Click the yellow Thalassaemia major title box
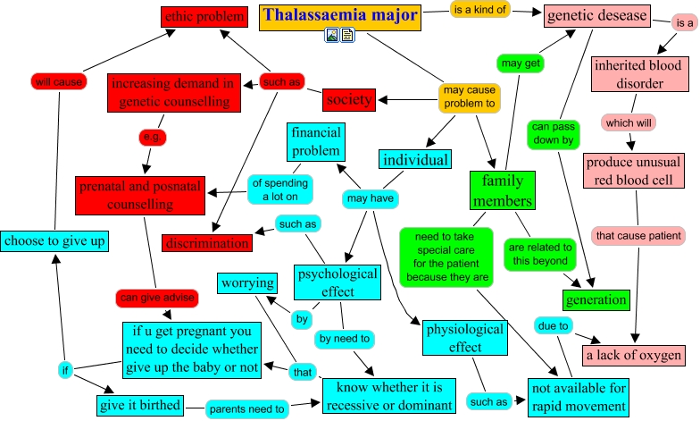(339, 15)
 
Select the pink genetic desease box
(597, 15)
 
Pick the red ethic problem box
(204, 16)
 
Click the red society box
(348, 99)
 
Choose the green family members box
(502, 190)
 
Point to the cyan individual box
(414, 159)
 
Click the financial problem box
(315, 141)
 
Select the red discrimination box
(207, 242)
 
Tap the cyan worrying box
(248, 283)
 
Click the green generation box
(596, 299)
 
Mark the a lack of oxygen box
(634, 355)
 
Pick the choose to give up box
(54, 240)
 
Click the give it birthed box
(139, 404)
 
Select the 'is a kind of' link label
(479, 10)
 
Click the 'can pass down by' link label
(554, 133)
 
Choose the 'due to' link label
(552, 326)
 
